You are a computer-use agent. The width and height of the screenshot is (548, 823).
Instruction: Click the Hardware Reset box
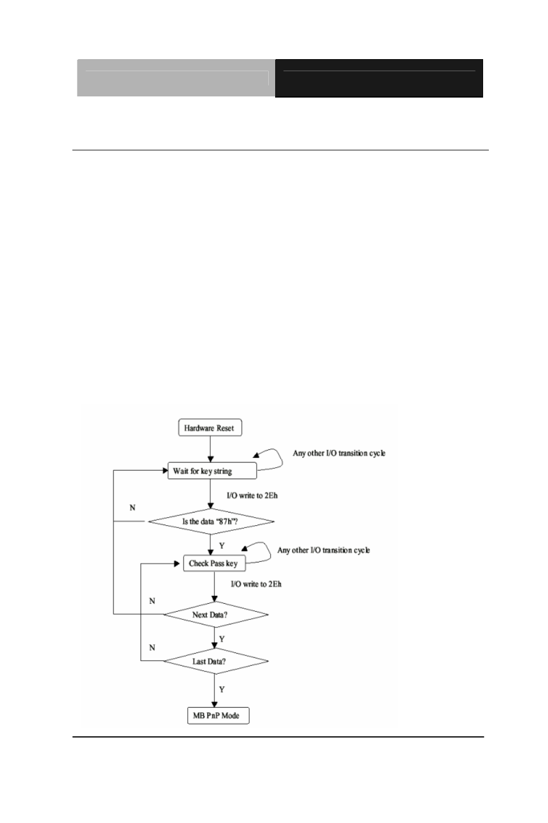(x=210, y=428)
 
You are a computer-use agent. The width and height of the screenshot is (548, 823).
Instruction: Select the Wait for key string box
(x=212, y=471)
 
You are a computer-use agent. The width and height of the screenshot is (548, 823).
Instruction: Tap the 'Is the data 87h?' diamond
(x=211, y=521)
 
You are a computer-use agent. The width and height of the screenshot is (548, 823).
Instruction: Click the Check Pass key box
(x=214, y=563)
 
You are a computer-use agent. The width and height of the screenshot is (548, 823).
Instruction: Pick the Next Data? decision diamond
(x=216, y=614)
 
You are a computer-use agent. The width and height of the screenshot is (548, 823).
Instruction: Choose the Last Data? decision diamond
(x=216, y=661)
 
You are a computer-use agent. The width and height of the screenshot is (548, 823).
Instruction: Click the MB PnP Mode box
(x=218, y=715)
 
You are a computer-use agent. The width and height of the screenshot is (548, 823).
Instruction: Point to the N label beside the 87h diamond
(x=132, y=507)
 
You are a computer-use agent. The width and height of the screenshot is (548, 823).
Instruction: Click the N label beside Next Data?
(x=152, y=601)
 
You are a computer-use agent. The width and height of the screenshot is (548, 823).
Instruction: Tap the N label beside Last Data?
(x=152, y=647)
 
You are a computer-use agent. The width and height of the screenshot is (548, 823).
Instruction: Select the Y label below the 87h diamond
(x=222, y=546)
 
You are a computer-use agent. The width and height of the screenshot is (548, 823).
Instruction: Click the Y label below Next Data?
(x=222, y=639)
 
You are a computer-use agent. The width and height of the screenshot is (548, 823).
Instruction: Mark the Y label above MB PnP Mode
(x=222, y=689)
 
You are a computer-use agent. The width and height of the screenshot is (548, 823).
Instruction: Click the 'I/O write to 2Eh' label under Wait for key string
(x=252, y=495)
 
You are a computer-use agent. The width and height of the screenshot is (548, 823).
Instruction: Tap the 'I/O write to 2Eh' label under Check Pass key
(x=256, y=584)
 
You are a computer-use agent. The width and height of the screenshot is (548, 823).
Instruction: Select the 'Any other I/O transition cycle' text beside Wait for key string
(x=339, y=453)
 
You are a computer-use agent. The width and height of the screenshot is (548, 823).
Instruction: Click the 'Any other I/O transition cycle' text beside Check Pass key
(x=323, y=550)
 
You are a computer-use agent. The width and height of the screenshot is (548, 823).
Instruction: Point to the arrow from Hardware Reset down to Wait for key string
(x=210, y=449)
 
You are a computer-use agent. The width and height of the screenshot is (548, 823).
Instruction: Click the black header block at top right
(x=379, y=78)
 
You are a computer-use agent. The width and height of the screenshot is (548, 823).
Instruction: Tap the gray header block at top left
(x=176, y=78)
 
